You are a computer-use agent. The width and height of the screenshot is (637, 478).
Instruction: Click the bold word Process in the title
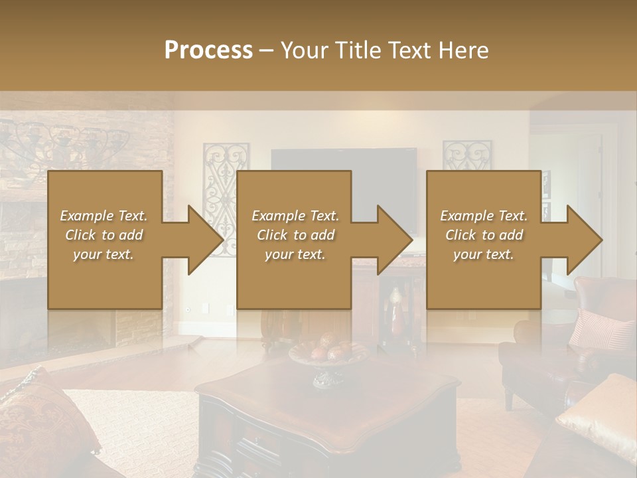pyautogui.click(x=208, y=50)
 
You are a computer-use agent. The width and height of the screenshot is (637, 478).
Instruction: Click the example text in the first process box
pyautogui.click(x=104, y=235)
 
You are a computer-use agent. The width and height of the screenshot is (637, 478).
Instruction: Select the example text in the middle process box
pyautogui.click(x=295, y=235)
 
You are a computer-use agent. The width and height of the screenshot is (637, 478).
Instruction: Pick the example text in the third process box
pyautogui.click(x=484, y=235)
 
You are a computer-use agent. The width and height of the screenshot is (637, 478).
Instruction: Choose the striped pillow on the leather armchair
pyautogui.click(x=601, y=329)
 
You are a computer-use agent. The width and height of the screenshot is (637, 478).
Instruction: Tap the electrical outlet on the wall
pyautogui.click(x=205, y=307)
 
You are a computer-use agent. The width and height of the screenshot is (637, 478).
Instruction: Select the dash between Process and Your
pyautogui.click(x=267, y=50)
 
